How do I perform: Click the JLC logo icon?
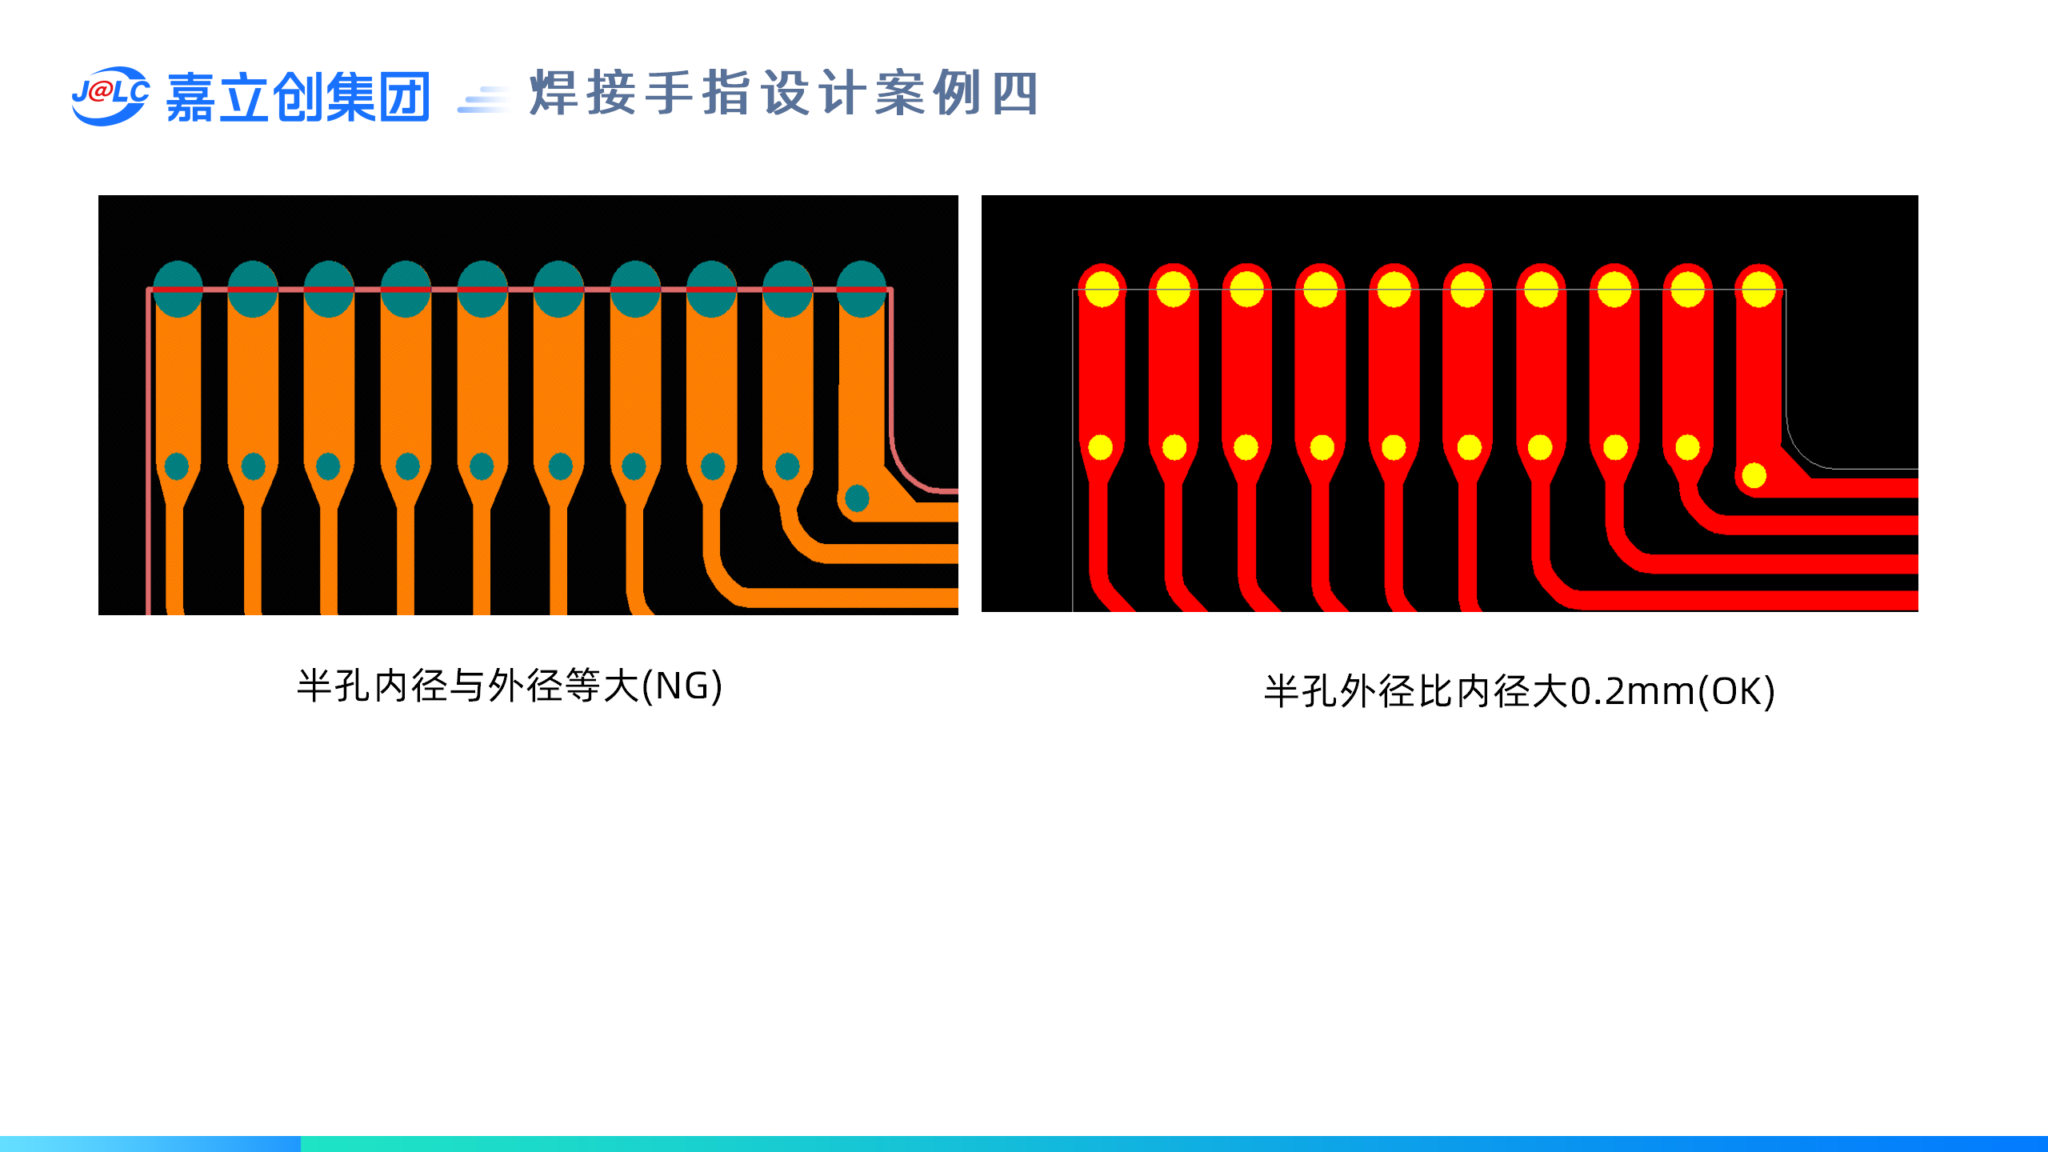110,95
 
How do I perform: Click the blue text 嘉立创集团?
298,97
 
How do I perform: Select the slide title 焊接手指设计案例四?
784,94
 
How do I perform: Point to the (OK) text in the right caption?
1737,691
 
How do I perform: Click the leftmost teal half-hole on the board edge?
177,289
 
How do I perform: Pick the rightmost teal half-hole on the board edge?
861,289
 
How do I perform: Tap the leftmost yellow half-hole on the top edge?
1102,289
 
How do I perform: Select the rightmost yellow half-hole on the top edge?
1758,289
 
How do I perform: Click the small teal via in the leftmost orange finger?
176,466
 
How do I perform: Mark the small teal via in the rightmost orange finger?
857,498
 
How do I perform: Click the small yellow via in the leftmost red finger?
1101,447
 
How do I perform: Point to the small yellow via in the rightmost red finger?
1754,475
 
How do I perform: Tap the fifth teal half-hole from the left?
482,289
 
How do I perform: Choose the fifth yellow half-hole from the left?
1394,289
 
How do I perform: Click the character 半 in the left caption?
314,686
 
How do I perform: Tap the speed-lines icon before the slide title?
483,100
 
